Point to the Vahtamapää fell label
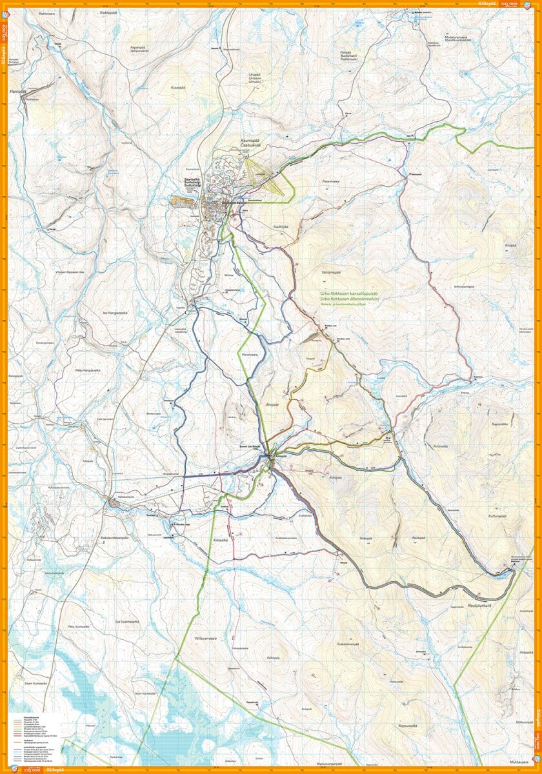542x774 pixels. [331, 272]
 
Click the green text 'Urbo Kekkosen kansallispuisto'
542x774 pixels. [350, 293]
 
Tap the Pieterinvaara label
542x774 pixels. [331, 182]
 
